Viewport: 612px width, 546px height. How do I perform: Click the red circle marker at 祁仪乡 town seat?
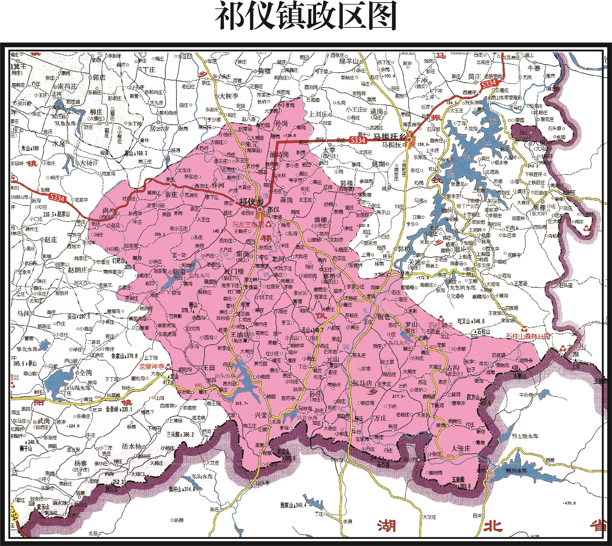point(260,209)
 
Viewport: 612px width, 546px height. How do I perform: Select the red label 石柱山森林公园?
point(528,336)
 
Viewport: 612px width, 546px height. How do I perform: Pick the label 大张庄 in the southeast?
point(461,448)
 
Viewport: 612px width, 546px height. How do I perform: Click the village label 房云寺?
point(159,128)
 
